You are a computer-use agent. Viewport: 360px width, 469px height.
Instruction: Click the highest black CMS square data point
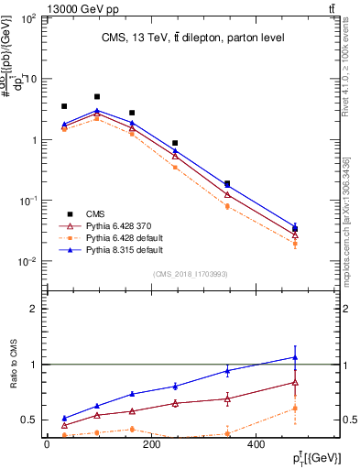coord(97,96)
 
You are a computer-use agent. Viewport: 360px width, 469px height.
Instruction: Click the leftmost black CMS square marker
coord(63,106)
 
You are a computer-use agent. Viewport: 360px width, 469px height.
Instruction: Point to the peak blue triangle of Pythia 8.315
coord(97,111)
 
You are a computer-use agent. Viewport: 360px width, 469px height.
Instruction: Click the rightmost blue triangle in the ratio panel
coord(295,357)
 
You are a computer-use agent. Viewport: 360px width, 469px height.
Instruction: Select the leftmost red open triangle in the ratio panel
coord(63,425)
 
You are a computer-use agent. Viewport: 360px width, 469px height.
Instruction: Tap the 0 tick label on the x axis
coord(47,444)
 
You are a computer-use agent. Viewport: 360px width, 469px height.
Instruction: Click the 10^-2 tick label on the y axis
coord(26,261)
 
